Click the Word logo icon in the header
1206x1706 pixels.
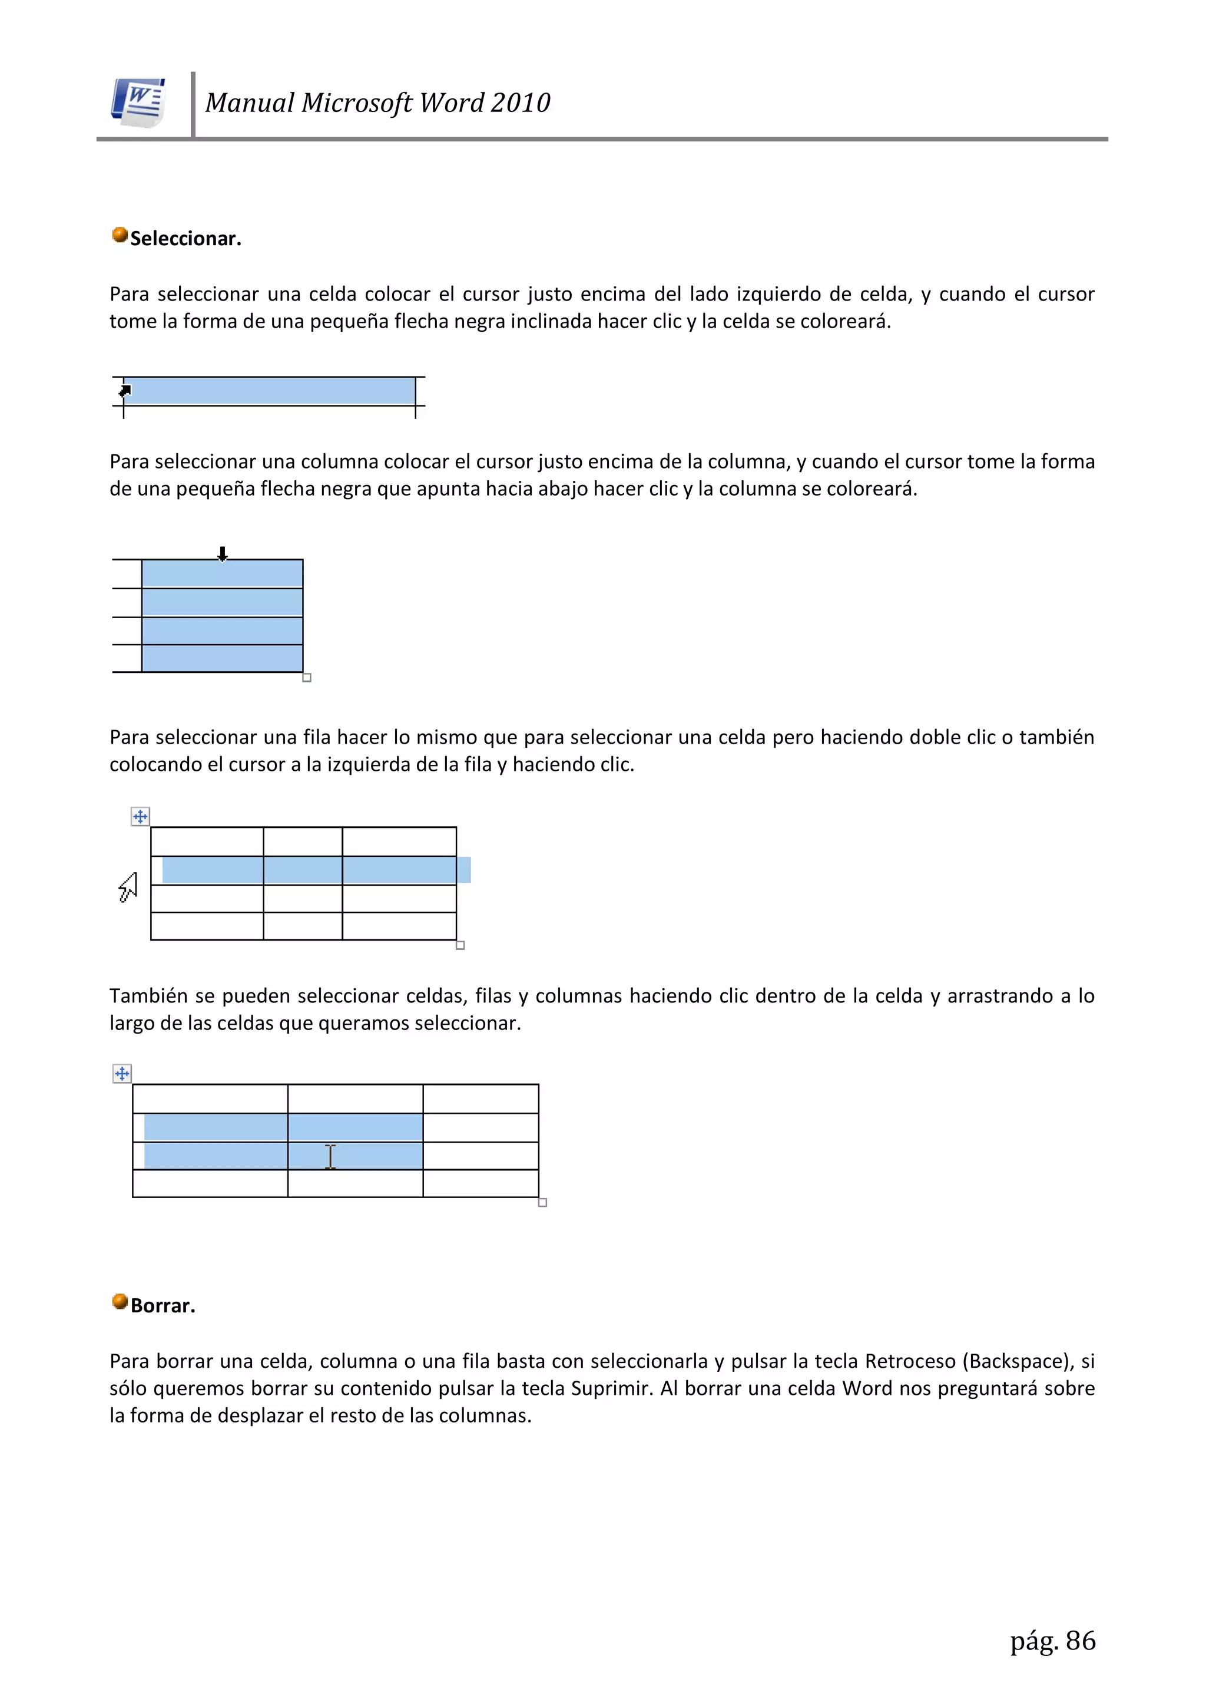point(138,103)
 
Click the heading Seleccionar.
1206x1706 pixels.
point(185,239)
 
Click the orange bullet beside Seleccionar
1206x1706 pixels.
point(120,235)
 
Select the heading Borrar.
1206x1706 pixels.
point(163,1305)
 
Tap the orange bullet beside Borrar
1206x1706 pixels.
point(120,1301)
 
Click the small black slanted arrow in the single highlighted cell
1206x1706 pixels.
point(125,390)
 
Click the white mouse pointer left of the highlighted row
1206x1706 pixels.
point(128,886)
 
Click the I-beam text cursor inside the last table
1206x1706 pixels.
point(330,1156)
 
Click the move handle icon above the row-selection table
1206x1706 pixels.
point(140,817)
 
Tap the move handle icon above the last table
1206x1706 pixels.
point(122,1074)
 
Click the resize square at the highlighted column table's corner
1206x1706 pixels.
point(307,678)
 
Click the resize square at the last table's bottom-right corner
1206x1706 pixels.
point(543,1202)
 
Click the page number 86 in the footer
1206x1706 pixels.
point(1081,1641)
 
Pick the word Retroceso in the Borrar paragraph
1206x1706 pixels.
point(910,1361)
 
